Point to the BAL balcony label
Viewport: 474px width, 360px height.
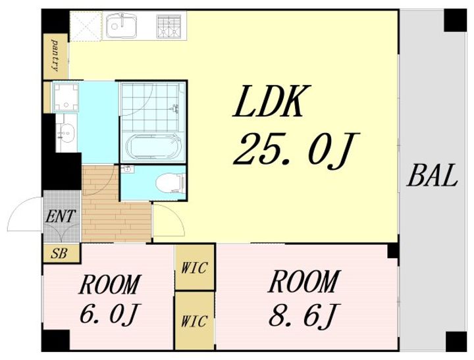click(x=432, y=175)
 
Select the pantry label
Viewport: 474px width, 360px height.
click(x=55, y=56)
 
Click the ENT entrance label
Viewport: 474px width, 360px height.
click(x=61, y=217)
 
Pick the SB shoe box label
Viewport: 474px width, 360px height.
click(x=59, y=253)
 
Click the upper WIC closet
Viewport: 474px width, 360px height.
click(x=195, y=267)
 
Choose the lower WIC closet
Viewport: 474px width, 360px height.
click(x=195, y=321)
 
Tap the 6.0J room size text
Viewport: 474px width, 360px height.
click(x=109, y=315)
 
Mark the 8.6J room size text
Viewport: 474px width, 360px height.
click(x=304, y=315)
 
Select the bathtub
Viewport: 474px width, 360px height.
click(x=153, y=146)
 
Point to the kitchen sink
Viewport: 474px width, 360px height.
click(x=121, y=26)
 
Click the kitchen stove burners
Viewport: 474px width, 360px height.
click(x=169, y=26)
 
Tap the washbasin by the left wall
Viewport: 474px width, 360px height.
click(x=66, y=132)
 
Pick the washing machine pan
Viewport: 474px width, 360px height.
click(x=66, y=97)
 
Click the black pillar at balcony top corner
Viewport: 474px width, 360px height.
click(x=455, y=20)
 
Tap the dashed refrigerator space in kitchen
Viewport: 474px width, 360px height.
click(x=86, y=26)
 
